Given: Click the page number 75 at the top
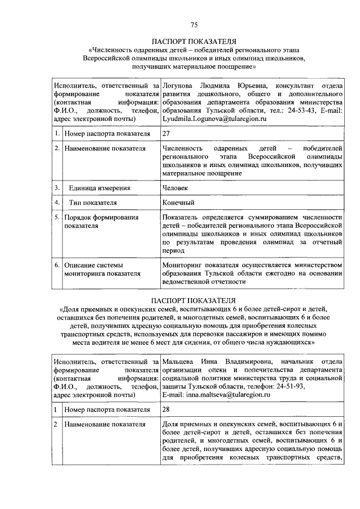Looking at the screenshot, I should pos(194,24).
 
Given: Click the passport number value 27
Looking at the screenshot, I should pos(166,134).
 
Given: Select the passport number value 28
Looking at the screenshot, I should pos(166,409).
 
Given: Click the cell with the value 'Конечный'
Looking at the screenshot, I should pos(178,202).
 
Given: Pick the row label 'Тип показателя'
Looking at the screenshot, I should pos(93,202).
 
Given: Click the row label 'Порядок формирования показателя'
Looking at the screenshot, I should pos(100,221).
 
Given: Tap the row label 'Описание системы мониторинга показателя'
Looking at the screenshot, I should pos(100,269).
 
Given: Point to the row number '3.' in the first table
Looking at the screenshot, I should pos(57,187).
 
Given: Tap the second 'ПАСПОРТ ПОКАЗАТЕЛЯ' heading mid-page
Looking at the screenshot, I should pos(194,300).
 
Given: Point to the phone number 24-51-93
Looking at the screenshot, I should pos(289,386).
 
